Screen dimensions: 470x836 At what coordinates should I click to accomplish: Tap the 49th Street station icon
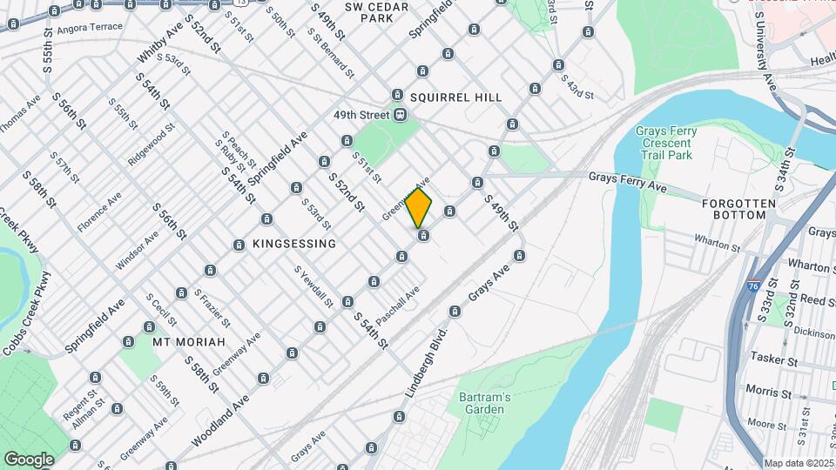pos(400,115)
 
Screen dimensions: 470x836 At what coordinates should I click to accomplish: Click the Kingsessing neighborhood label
pos(293,245)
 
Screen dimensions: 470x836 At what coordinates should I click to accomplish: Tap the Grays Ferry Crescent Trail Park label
pos(666,144)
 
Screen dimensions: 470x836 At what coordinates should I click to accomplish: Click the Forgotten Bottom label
pos(738,203)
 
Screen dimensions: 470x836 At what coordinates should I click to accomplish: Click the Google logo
pos(29,459)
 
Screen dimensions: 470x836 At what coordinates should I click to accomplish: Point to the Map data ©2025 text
pos(799,463)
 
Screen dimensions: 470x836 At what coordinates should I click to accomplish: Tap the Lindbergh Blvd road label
pos(427,362)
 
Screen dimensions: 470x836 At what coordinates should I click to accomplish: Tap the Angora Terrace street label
pos(90,28)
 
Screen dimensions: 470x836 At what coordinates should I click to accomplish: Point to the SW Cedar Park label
pos(376,12)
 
